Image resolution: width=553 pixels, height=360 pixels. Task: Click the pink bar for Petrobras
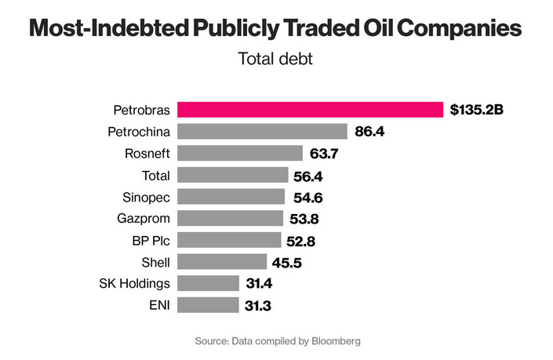[x=310, y=109]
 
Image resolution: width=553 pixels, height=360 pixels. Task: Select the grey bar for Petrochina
[x=262, y=131]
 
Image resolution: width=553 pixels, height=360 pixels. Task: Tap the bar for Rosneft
[x=239, y=153]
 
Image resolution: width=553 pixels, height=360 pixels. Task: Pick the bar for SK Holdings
[x=208, y=283]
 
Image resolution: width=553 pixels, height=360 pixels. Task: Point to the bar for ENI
[x=208, y=304]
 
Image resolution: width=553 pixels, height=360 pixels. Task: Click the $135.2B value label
[x=476, y=109]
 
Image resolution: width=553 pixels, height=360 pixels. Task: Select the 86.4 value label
[x=369, y=131]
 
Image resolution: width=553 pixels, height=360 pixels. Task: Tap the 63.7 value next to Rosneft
[x=325, y=153]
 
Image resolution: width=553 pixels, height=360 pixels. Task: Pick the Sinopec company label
[x=147, y=196]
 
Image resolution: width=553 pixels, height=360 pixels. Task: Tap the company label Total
[x=155, y=174]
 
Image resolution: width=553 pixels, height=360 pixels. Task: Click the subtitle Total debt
[x=275, y=58]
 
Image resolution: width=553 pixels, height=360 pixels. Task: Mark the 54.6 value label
[x=307, y=196]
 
